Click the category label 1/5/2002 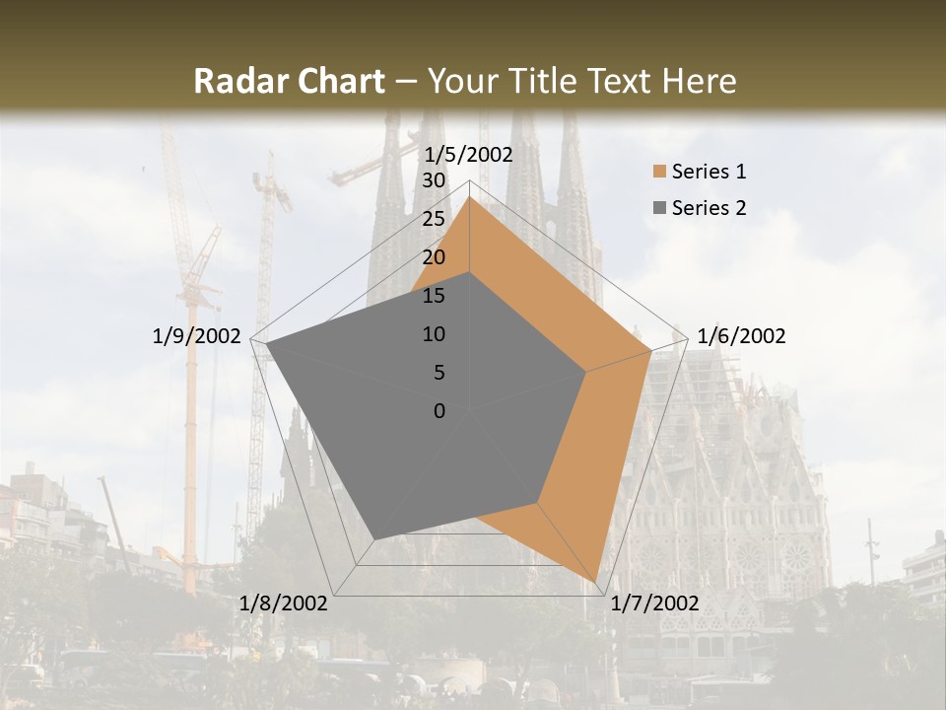point(468,155)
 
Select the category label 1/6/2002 point(741,336)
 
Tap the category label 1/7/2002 point(654,603)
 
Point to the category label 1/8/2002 point(283,603)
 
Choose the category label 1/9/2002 point(196,336)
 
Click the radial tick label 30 point(433,180)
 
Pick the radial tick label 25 point(433,219)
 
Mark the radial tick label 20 point(433,257)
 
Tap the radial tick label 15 point(433,296)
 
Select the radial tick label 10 point(433,334)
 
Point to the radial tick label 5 point(439,373)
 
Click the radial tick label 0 point(439,411)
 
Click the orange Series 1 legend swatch point(659,173)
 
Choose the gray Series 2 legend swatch point(659,208)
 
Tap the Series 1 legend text point(709,172)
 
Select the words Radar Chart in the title point(289,81)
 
